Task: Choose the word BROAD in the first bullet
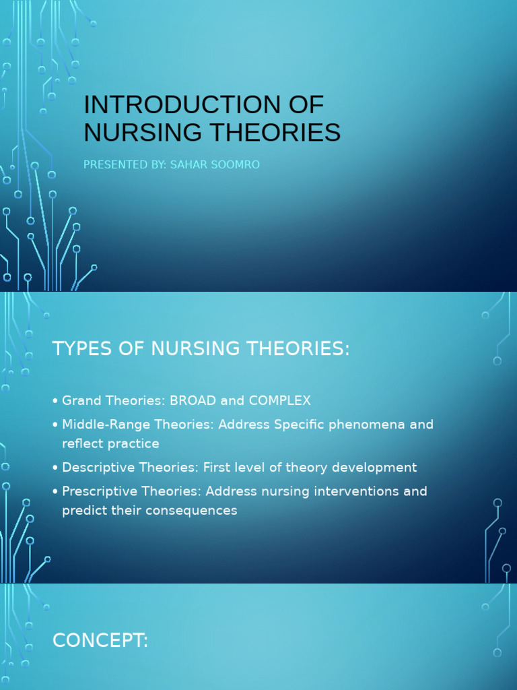pyautogui.click(x=191, y=400)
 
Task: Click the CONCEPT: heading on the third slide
pyautogui.click(x=100, y=641)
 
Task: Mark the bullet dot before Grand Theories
pyautogui.click(x=55, y=402)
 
